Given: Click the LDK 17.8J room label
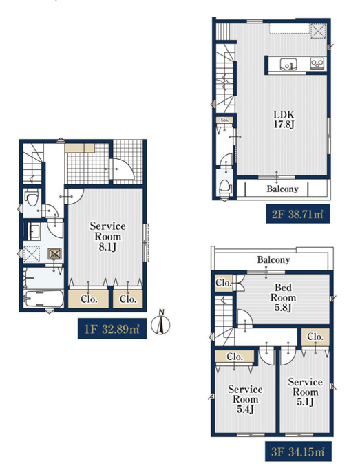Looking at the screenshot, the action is coord(284,119).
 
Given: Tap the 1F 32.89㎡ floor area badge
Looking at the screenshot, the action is coord(112,328).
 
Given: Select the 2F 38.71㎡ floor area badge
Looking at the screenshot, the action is coord(297,214).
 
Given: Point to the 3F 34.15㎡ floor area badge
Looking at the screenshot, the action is coord(298,451).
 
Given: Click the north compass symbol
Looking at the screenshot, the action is coord(160,323).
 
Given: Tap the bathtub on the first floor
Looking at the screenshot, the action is coord(44,299).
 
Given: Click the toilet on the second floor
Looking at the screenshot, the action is coord(225,187).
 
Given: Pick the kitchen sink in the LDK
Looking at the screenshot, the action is coord(288,64).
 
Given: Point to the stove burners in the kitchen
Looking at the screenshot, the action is coord(317,63).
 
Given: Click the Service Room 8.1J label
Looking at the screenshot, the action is coord(107,236).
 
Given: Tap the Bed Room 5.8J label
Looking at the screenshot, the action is coord(283,297).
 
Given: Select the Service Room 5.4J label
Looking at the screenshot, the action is coord(245,399).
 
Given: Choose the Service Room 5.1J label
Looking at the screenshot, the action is coord(305,392).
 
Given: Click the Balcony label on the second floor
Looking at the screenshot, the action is coord(282,189).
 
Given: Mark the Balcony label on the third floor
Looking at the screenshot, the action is coord(273,259).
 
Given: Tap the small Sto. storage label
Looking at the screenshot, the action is coord(225,120).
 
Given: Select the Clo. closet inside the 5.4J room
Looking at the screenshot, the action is coord(235,357).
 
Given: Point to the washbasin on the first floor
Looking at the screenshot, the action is coord(34,232).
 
